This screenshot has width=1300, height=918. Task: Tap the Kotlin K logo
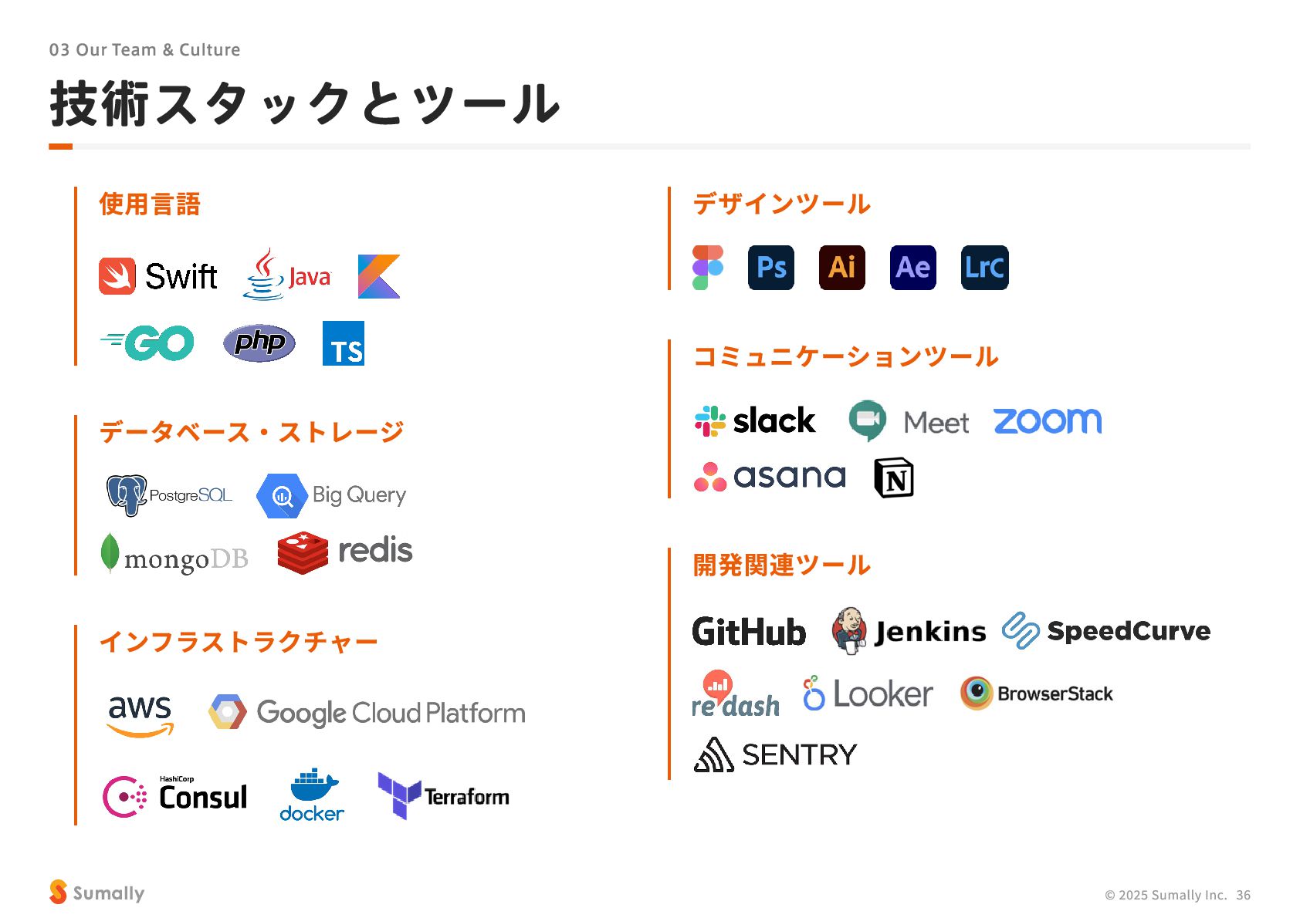coord(379,276)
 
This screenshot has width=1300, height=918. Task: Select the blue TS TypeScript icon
coord(344,343)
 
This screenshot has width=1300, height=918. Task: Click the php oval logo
coord(259,343)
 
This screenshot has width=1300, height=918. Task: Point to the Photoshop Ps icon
coord(770,268)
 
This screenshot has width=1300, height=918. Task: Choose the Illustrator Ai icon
coord(841,268)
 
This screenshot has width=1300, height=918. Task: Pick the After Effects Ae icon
coord(912,268)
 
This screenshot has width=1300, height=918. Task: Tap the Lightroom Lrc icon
coord(984,268)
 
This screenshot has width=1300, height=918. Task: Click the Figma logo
coord(708,268)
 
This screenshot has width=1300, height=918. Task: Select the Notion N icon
coord(894,478)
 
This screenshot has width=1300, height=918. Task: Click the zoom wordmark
coord(1048,421)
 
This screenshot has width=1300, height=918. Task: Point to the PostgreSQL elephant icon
coord(126,494)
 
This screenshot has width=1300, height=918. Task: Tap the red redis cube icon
coord(303,552)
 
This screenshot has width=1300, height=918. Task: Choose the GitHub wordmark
coord(749,632)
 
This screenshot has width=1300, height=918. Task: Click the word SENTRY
coord(799,754)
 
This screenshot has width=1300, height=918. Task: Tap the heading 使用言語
coord(150,204)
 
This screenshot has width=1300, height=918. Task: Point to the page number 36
coord(1243,895)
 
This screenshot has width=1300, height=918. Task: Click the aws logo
coord(140,714)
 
